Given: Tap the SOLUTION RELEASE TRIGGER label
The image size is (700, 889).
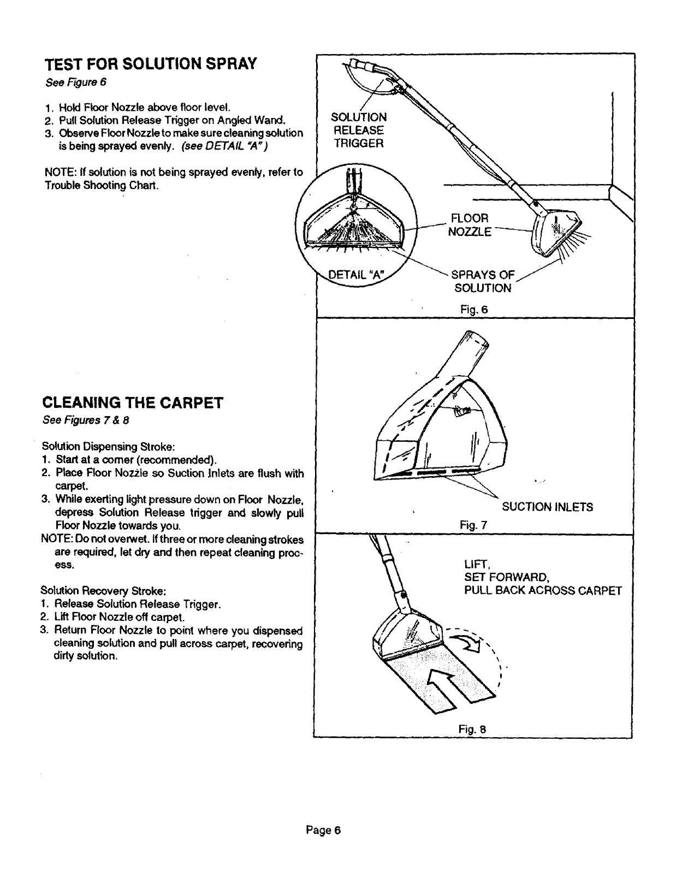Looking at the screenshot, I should (x=359, y=131).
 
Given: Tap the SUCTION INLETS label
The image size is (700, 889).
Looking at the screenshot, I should (x=547, y=507).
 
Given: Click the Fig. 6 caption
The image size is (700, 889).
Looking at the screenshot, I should (x=473, y=310).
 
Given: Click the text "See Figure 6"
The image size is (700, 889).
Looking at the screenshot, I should (x=74, y=83).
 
